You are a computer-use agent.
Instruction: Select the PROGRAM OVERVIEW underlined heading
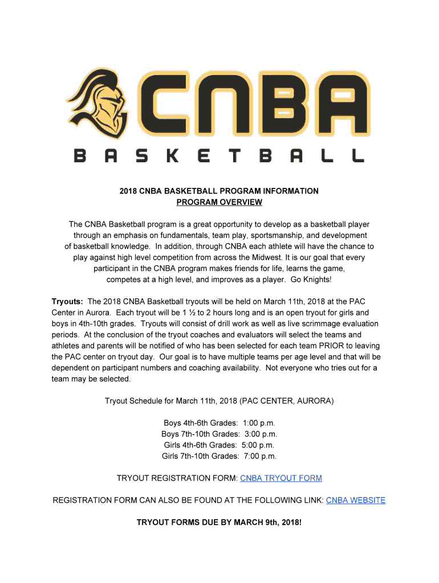[x=219, y=202]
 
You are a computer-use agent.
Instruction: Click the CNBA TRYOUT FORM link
[x=281, y=478]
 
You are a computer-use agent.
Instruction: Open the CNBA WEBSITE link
[x=356, y=500]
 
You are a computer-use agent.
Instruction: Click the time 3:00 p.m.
[x=261, y=434]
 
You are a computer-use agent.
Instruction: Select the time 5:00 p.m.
[x=258, y=445]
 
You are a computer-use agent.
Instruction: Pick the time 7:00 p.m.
[x=259, y=456]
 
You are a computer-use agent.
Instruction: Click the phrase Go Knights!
[x=311, y=280]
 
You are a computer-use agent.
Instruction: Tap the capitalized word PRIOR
[x=317, y=346]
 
